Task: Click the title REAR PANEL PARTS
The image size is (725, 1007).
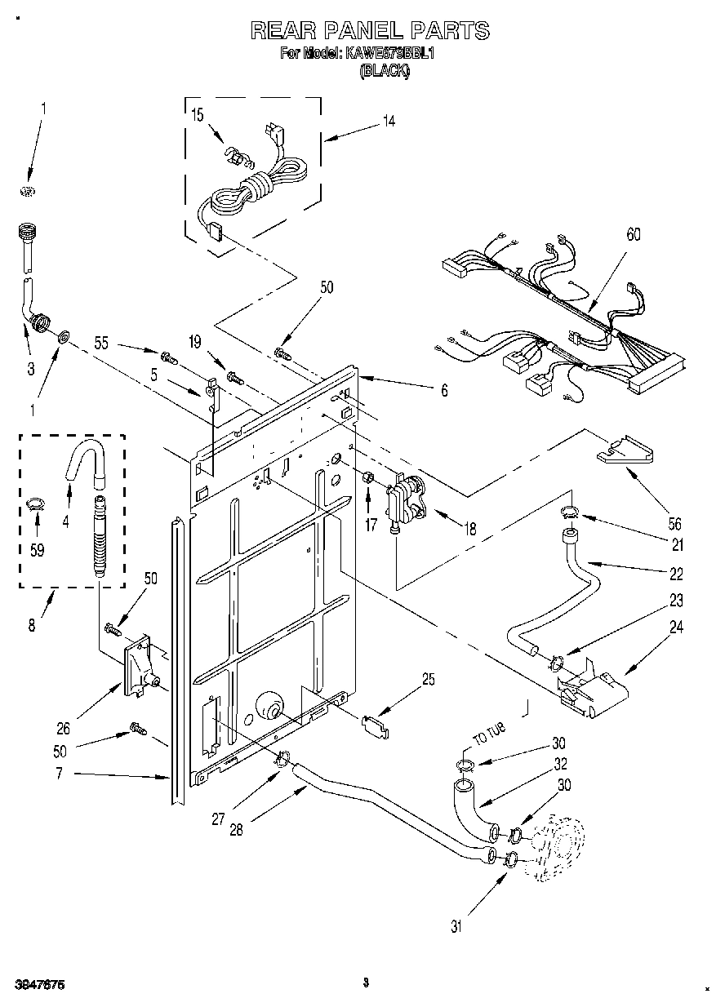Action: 369,31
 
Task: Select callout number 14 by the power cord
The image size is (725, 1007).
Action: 389,121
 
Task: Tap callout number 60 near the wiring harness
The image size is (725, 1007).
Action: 633,235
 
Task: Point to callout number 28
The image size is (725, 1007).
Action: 235,831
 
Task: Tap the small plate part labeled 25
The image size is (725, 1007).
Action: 375,724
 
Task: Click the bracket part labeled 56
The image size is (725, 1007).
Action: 625,450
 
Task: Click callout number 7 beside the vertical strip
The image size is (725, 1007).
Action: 59,773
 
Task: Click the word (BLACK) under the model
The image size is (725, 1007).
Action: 385,71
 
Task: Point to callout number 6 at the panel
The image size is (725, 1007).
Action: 444,391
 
